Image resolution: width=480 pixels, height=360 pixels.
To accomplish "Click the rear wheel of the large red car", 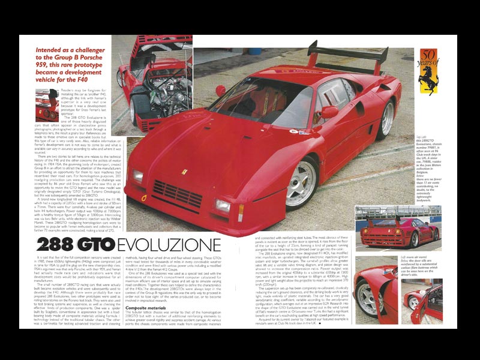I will tap(388, 118).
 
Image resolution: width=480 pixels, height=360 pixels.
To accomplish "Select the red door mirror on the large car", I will tap(329, 112).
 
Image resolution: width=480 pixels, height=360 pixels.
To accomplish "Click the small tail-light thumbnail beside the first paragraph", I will tap(47, 104).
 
